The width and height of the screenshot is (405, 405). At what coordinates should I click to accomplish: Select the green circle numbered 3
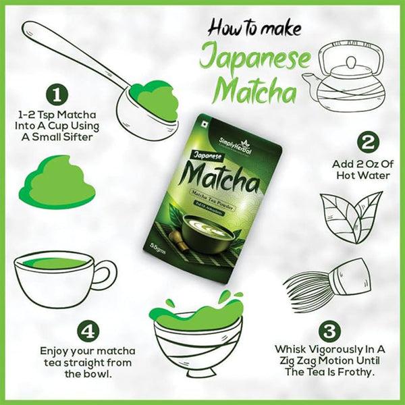click(x=328, y=331)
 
